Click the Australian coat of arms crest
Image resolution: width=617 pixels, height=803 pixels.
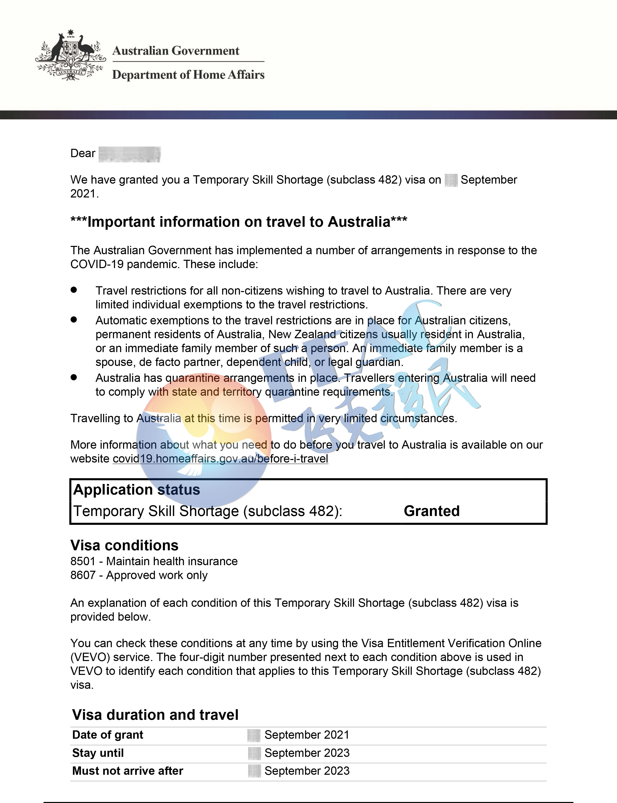(71, 55)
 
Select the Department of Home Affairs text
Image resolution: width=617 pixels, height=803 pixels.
(188, 75)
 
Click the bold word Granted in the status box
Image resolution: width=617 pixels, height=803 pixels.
(431, 511)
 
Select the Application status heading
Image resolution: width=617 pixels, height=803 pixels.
(137, 490)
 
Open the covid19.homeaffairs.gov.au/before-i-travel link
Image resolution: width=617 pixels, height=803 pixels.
(220, 459)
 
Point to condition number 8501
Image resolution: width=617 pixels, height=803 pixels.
(83, 561)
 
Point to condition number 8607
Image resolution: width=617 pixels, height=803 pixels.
(83, 575)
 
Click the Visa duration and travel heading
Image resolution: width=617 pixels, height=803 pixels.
(155, 715)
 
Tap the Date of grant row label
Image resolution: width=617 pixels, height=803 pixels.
(108, 735)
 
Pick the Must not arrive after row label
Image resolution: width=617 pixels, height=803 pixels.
(127, 771)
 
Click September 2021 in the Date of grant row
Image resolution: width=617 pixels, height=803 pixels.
(307, 735)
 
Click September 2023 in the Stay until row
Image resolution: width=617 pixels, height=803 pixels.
(307, 753)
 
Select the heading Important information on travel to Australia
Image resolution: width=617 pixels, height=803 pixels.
(239, 222)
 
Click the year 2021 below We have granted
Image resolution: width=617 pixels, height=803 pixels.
(84, 194)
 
